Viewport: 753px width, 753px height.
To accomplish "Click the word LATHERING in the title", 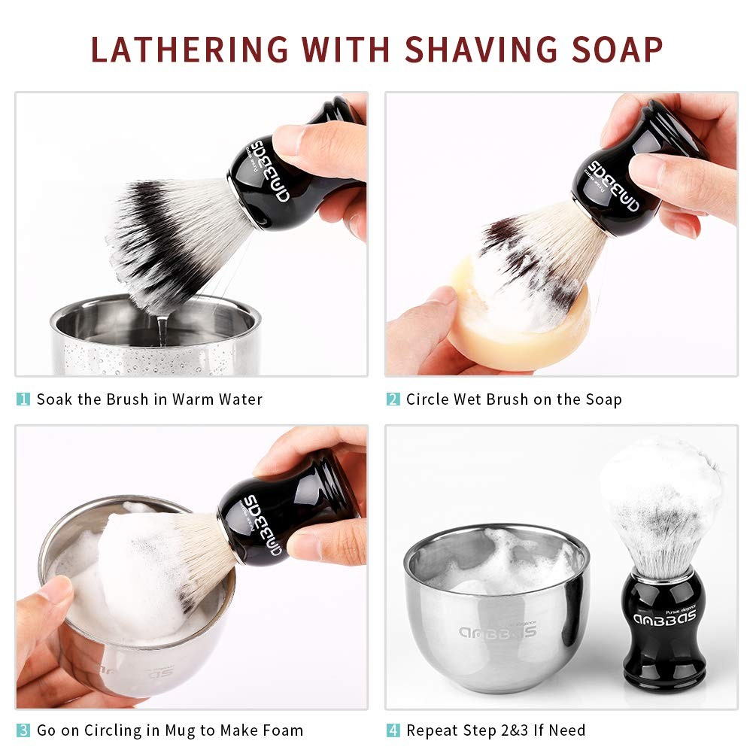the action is tap(190, 50).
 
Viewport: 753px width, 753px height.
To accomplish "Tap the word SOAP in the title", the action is tap(617, 50).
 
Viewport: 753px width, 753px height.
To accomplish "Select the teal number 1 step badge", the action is tap(23, 399).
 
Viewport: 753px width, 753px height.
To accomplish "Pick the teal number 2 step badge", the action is tap(393, 399).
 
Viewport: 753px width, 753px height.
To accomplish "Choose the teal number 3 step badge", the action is tap(23, 730).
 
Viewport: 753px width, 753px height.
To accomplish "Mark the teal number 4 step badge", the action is tap(393, 730).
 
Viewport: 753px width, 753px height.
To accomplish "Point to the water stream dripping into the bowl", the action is tap(162, 330).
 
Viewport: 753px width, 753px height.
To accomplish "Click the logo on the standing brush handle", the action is tap(665, 618).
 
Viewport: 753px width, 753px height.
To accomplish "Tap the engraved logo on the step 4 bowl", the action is tap(497, 630).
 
